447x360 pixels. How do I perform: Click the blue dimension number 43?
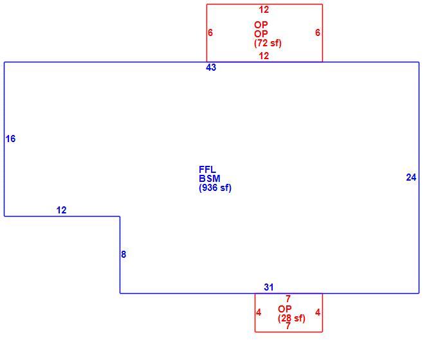211,67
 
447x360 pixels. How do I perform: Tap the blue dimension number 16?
10,139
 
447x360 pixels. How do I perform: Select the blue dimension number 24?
411,177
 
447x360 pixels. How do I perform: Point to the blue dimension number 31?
269,287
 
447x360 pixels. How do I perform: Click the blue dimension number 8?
123,255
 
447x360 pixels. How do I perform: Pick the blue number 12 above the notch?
61,210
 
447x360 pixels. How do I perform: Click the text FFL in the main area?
207,170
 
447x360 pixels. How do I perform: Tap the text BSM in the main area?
210,179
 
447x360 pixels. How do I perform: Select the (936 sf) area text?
215,188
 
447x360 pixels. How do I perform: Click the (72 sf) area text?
268,43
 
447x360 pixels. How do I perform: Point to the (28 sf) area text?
291,318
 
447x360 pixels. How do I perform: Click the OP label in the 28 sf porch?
284,309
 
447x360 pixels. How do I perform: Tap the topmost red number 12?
264,10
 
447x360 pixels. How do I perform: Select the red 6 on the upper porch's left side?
210,33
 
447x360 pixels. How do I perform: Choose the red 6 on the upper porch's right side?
318,33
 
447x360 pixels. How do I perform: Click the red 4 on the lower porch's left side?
259,312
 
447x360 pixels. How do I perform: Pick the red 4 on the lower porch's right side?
318,312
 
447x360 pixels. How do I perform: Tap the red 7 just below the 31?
288,299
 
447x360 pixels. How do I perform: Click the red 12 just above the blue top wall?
264,56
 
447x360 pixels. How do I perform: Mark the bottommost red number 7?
288,326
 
